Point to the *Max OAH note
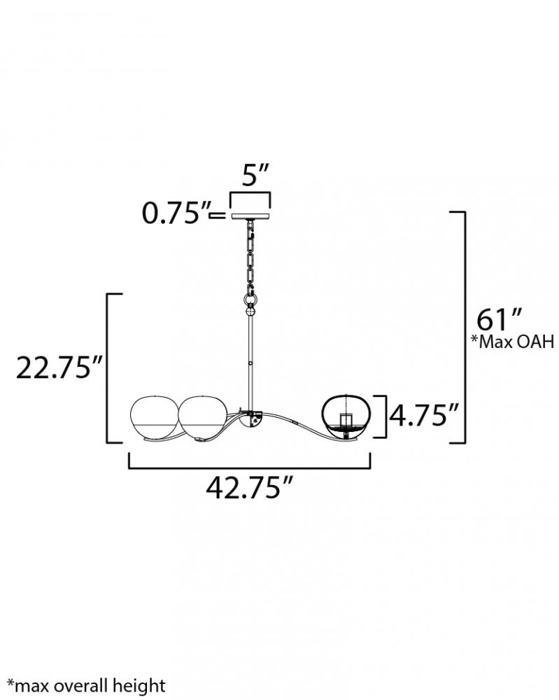(513, 342)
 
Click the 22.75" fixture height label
(60, 367)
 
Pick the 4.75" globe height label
(424, 415)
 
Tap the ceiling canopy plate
(250, 216)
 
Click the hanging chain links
(250, 255)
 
